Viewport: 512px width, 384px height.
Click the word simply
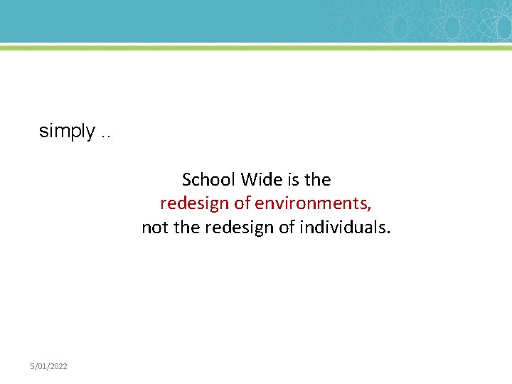click(67, 132)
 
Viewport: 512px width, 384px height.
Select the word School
click(209, 179)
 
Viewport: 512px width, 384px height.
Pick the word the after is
click(318, 179)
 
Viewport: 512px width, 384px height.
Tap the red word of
click(242, 203)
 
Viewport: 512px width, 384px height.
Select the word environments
click(310, 203)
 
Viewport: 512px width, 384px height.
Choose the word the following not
click(187, 228)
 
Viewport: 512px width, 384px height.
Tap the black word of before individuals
click(287, 228)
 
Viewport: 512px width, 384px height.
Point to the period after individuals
click(388, 233)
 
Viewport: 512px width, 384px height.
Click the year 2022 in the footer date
click(59, 366)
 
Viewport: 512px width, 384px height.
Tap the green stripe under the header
click(256, 47)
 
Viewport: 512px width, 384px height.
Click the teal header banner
click(213, 21)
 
